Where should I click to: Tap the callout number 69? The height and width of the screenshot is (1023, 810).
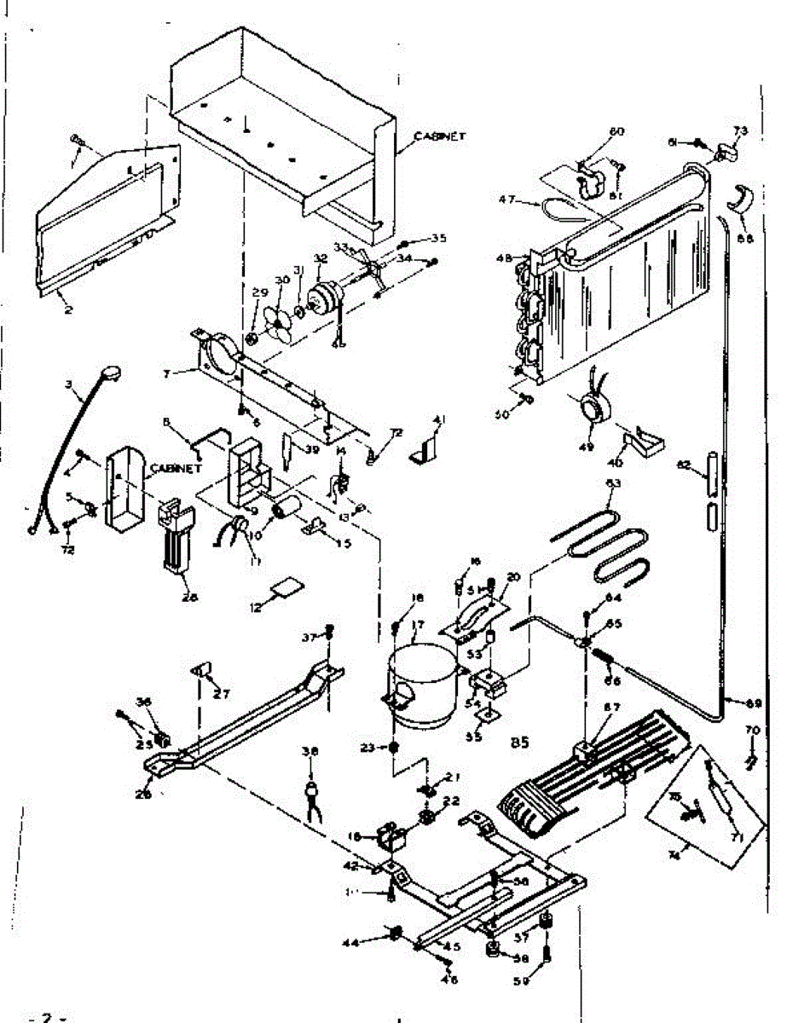[752, 702]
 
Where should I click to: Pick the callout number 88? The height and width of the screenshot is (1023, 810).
[745, 240]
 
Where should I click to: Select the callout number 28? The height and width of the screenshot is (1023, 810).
[190, 597]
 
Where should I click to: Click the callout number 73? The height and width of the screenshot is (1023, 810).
[740, 130]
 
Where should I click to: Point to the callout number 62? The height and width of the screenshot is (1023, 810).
[681, 465]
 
